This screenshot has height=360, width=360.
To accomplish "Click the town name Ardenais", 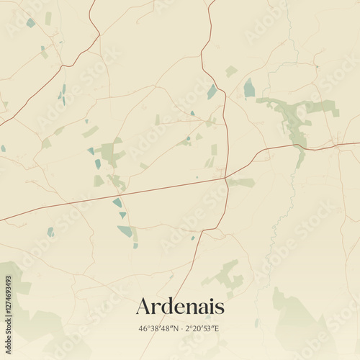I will pyautogui.click(x=180, y=306).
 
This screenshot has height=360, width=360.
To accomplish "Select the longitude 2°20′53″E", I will pyautogui.click(x=203, y=329).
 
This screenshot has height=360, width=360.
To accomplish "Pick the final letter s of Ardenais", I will pyautogui.click(x=220, y=307).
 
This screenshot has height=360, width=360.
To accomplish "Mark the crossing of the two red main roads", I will pyautogui.click(x=226, y=177).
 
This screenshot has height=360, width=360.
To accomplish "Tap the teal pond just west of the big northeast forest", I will pyautogui.click(x=249, y=89).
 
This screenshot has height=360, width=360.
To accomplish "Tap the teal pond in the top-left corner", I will pyautogui.click(x=30, y=22).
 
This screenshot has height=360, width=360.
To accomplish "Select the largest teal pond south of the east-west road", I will pyautogui.click(x=126, y=231).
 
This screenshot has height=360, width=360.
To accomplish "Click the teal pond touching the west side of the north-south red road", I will pyautogui.click(x=212, y=91).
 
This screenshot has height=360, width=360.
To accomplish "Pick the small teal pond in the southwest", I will pyautogui.click(x=50, y=232).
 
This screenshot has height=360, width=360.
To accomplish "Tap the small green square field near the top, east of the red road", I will pyautogui.click(x=230, y=71).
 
